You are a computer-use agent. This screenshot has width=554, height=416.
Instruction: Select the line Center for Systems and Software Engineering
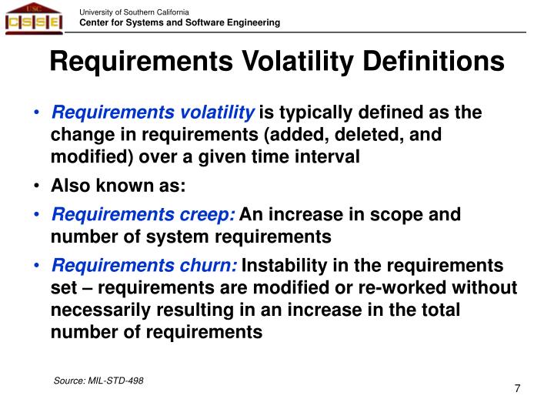click(x=180, y=23)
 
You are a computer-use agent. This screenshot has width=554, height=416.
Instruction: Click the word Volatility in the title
click(x=288, y=61)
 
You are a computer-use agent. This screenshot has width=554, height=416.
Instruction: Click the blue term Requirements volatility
click(x=152, y=113)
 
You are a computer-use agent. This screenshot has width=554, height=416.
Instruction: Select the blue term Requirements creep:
click(x=143, y=215)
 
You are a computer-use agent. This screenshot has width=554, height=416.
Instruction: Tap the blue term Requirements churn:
click(x=145, y=266)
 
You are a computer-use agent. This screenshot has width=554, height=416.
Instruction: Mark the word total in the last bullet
click(x=439, y=310)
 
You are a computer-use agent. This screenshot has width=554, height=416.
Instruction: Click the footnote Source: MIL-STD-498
click(x=98, y=381)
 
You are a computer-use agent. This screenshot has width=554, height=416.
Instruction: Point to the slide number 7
click(x=517, y=388)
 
